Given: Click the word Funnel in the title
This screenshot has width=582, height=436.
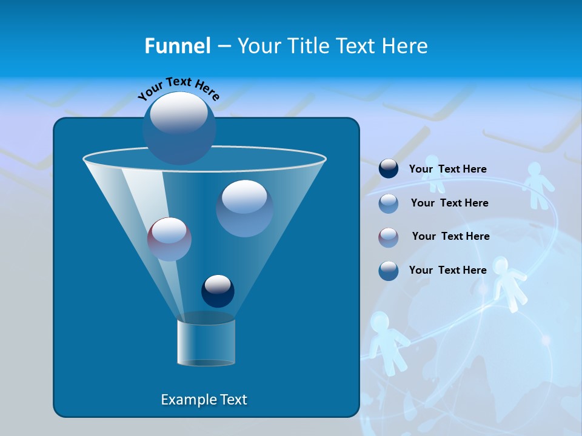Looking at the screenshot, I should [x=177, y=46].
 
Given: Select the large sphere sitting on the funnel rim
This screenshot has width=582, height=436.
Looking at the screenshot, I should [x=179, y=128].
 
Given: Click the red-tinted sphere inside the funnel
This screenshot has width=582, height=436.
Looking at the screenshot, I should [x=169, y=239].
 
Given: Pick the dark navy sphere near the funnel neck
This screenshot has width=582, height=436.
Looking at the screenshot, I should [x=218, y=291].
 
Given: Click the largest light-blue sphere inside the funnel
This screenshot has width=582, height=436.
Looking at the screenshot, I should [x=244, y=208].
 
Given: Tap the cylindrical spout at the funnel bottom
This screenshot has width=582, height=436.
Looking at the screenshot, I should [x=206, y=342].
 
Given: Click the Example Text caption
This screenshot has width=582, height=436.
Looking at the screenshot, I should [x=204, y=400].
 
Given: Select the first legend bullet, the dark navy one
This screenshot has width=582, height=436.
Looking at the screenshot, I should [x=389, y=169].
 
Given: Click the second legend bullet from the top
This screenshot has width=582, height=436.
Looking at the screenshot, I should [x=389, y=203].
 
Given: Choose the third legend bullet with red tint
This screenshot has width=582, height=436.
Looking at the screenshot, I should [x=389, y=237].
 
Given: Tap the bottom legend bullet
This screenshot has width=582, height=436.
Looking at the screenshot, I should [x=389, y=271].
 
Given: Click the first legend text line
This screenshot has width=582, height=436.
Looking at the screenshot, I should [x=447, y=170].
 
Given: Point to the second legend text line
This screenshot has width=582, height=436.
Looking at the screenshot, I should [x=449, y=203].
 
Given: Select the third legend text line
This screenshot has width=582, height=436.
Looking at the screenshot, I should [x=450, y=236].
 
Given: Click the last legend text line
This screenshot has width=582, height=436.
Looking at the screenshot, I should [x=447, y=270].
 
